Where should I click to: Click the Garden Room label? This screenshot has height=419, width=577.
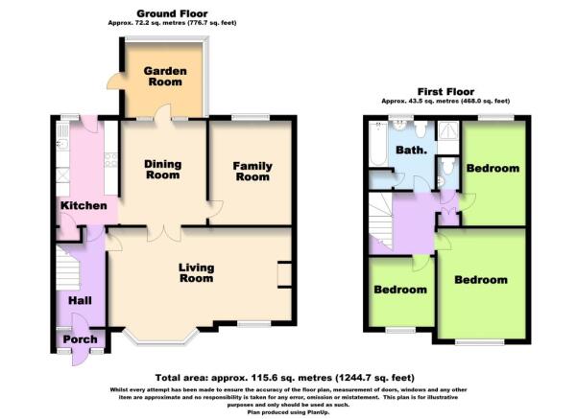(x=165, y=76)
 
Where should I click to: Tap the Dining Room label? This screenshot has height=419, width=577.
(x=162, y=169)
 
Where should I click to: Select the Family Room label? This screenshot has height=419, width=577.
(x=252, y=172)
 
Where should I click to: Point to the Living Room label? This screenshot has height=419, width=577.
(x=196, y=272)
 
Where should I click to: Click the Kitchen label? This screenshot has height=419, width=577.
(x=84, y=205)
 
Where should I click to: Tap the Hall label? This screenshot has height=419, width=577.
(x=80, y=301)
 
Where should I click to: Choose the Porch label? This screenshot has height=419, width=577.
(x=80, y=339)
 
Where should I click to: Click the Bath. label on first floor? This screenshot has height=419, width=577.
(x=411, y=150)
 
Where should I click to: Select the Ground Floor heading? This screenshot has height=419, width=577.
(x=172, y=13)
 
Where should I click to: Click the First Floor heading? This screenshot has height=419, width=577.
(x=445, y=91)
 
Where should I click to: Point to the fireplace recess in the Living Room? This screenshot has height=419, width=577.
(x=284, y=274)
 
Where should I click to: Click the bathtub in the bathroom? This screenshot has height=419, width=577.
(x=378, y=144)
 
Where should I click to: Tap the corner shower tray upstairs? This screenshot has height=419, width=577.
(x=448, y=130)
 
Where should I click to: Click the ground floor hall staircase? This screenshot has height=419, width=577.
(x=68, y=268)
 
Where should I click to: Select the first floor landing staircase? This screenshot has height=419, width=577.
(x=381, y=220)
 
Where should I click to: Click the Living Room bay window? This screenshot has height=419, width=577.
(x=160, y=338)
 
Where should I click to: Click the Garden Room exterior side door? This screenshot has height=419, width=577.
(x=114, y=81)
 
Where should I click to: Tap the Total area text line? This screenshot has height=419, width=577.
(x=285, y=378)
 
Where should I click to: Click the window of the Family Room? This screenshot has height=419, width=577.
(x=251, y=118)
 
